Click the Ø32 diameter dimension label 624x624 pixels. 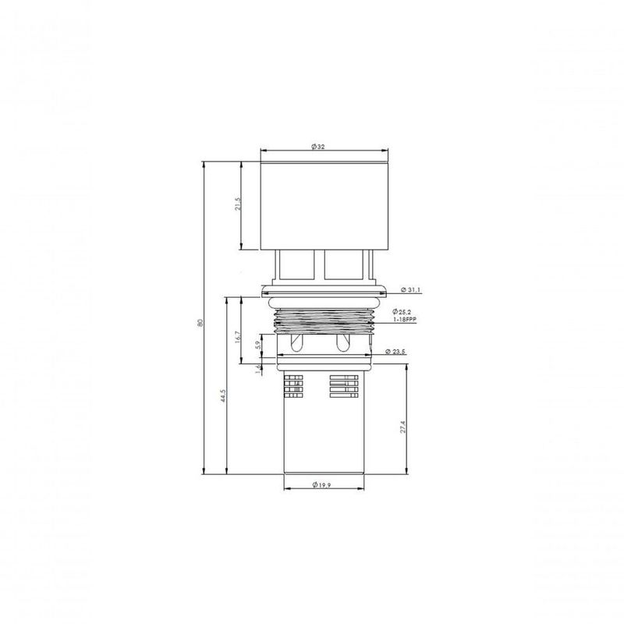317,147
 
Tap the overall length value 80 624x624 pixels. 200,323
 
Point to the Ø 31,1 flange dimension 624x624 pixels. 411,290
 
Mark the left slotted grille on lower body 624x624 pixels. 294,388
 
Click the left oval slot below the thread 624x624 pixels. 296,344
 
